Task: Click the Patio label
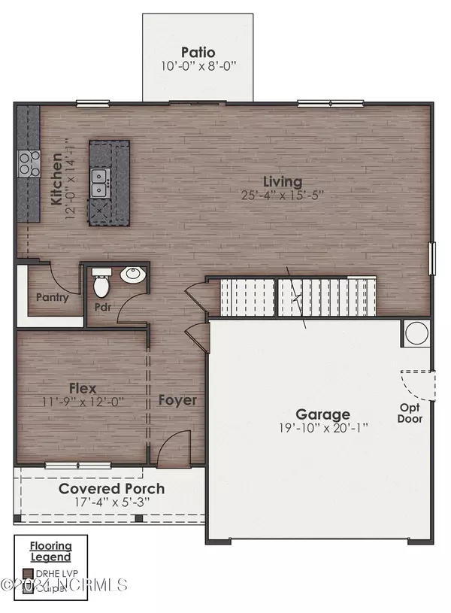198,53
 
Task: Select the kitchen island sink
99,182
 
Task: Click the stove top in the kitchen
29,163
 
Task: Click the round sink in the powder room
134,274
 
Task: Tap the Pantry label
53,297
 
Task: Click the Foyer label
177,400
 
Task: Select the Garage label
322,414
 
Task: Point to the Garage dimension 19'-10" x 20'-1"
322,429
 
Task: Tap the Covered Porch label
112,488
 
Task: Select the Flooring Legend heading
51,551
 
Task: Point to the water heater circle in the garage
416,332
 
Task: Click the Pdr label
103,308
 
